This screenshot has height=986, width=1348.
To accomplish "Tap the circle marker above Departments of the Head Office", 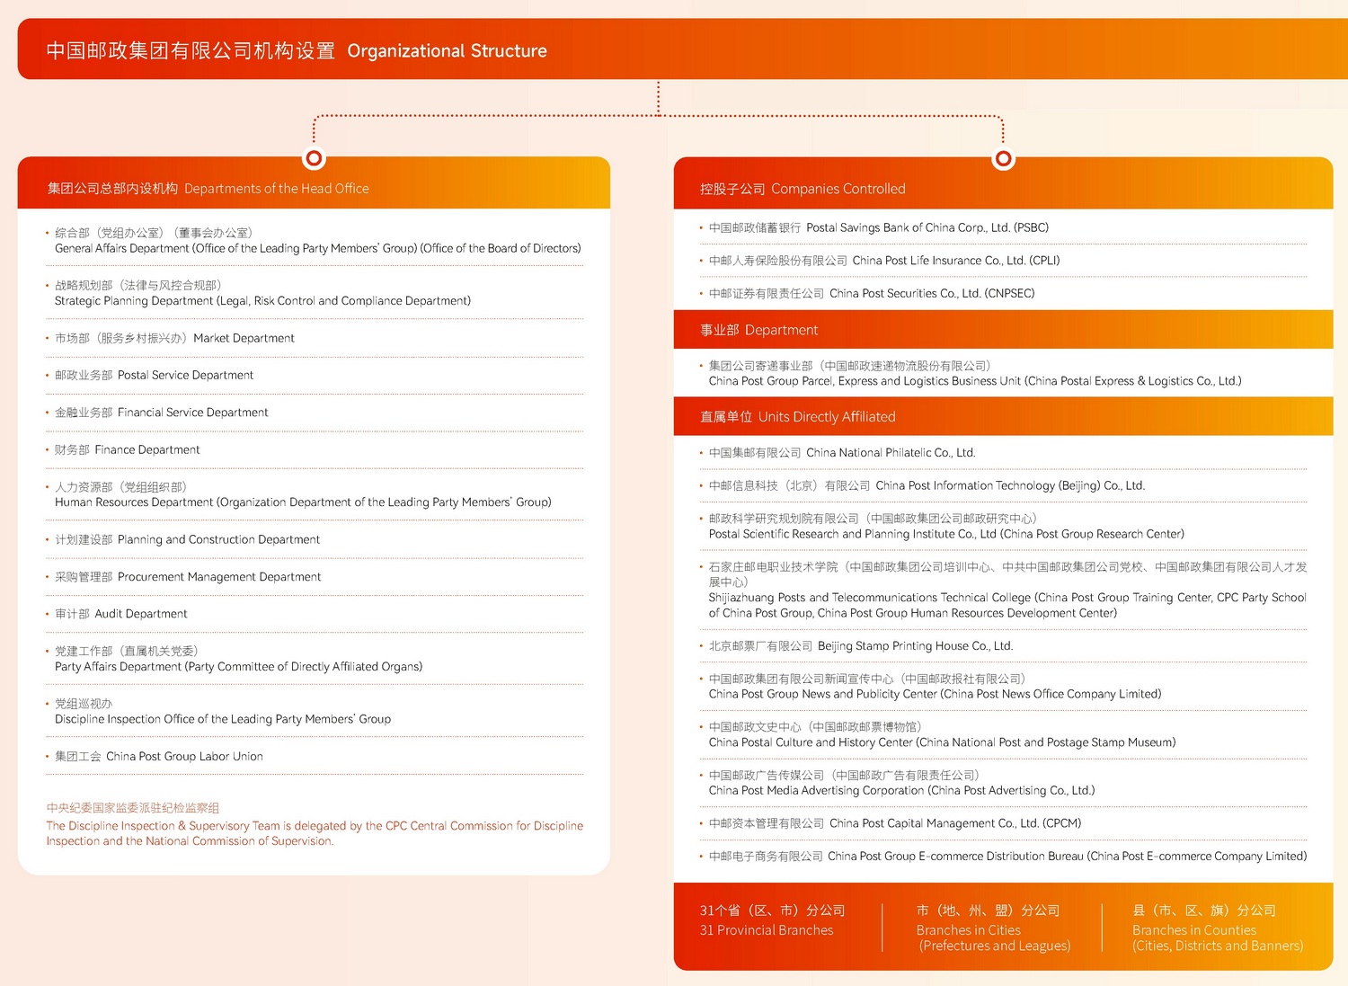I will [314, 159].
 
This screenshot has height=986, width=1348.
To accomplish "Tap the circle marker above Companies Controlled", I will [1003, 159].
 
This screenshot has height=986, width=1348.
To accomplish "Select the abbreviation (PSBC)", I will [1031, 228].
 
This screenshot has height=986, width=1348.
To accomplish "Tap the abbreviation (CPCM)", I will [1061, 823].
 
